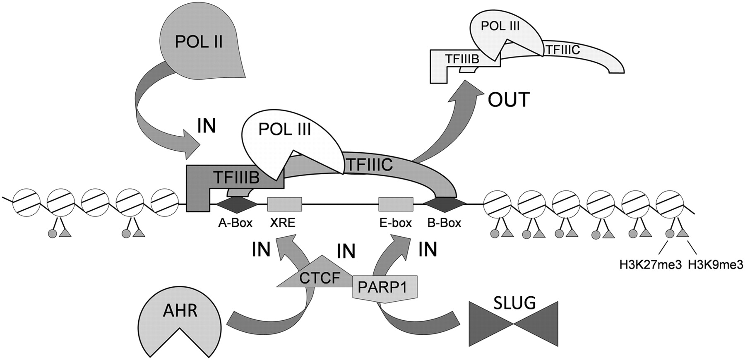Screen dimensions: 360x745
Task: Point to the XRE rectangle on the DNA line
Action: tap(284, 204)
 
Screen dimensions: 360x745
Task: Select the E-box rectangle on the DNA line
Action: tap(396, 204)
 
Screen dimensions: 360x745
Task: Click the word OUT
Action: tap(509, 100)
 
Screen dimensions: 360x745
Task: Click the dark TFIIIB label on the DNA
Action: tap(236, 178)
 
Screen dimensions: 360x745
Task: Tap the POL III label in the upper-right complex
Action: tap(500, 26)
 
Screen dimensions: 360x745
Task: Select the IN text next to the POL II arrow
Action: tap(206, 126)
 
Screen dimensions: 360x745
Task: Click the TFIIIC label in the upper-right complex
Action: tap(563, 50)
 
